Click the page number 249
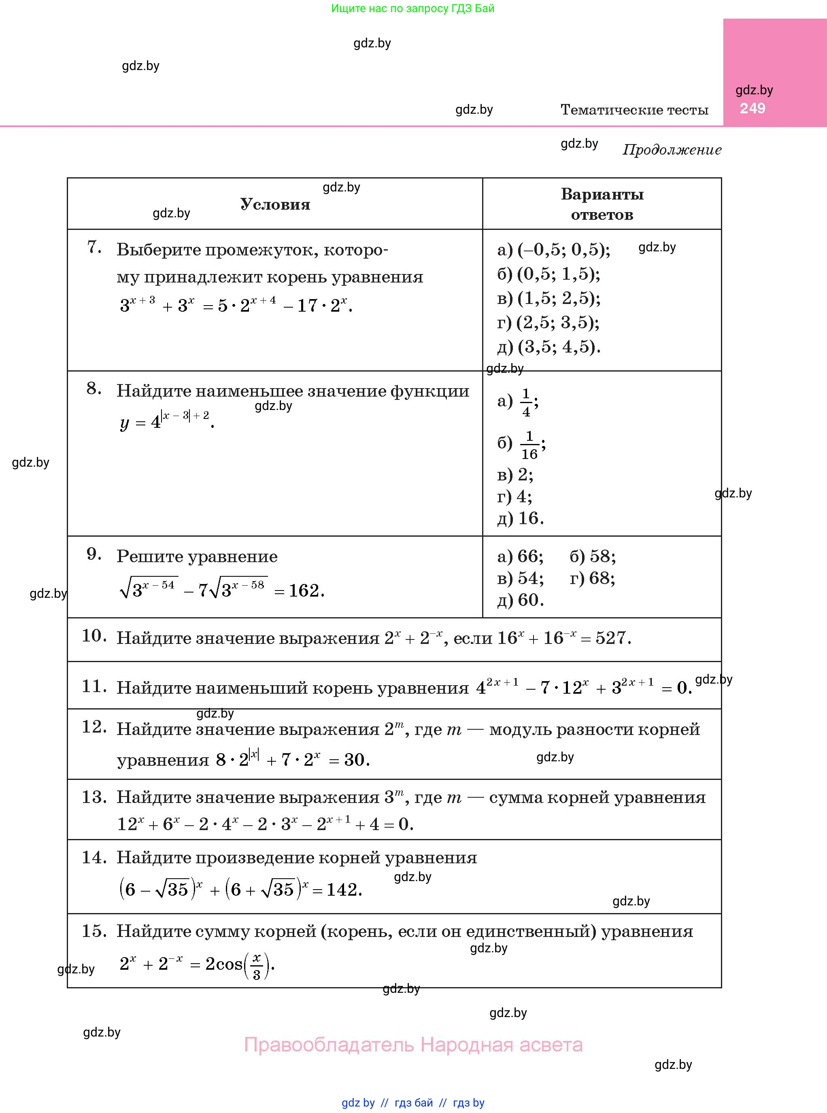[x=753, y=108]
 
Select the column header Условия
[x=275, y=204]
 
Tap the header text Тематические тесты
[x=634, y=110]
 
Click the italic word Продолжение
[x=672, y=150]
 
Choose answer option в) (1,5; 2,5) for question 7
[x=548, y=298]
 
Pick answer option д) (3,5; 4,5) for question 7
[x=548, y=347]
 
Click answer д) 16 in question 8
[x=521, y=518]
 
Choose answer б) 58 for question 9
[x=593, y=556]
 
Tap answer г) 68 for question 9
[x=592, y=578]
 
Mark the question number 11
[x=94, y=686]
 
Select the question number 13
[x=94, y=797]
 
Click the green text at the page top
[x=412, y=8]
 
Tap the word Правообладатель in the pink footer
[x=329, y=1045]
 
